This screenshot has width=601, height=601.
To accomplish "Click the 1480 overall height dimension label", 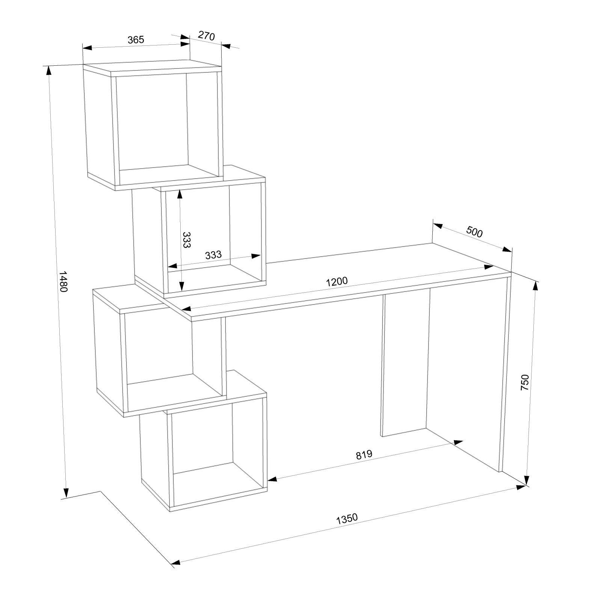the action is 63,282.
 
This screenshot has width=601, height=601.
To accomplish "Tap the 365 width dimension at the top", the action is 136,40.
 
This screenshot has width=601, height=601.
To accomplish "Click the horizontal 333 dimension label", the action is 213,255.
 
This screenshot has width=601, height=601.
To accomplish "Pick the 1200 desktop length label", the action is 337,281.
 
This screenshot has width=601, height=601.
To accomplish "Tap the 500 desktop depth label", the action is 474,232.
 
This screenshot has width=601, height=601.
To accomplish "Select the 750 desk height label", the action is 525,382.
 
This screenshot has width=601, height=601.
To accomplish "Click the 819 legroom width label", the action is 364,455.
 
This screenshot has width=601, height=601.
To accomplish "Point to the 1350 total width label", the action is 347,519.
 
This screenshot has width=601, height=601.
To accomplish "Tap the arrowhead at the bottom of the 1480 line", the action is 66,492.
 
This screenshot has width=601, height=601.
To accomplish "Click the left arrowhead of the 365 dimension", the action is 88,48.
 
